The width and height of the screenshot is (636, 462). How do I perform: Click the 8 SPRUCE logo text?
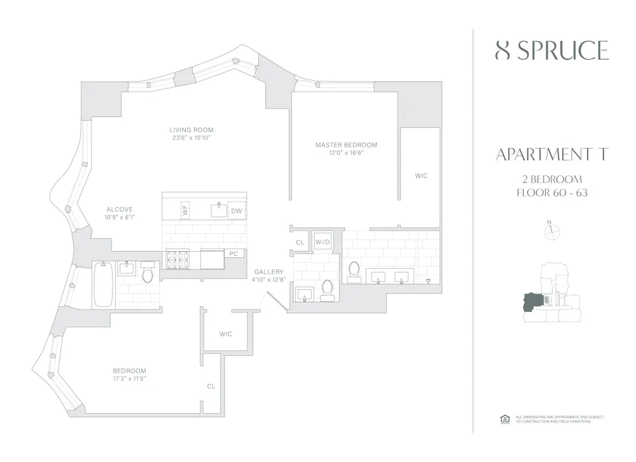click(551, 50)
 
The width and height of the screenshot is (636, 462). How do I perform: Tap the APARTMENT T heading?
click(551, 154)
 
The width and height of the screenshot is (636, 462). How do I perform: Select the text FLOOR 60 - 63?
click(551, 193)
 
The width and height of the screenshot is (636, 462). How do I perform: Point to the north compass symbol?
click(551, 232)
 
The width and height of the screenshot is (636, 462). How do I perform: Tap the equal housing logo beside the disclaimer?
click(505, 418)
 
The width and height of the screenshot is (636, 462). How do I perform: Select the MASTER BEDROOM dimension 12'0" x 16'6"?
click(346, 153)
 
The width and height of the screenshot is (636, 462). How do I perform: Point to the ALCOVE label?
click(120, 209)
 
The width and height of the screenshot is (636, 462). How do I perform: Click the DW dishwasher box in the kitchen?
click(237, 211)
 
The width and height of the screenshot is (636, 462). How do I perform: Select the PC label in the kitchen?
click(233, 254)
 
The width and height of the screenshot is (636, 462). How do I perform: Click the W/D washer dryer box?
click(322, 242)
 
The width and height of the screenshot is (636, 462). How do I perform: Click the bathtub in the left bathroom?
click(103, 283)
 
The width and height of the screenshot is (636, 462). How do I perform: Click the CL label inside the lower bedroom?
click(211, 386)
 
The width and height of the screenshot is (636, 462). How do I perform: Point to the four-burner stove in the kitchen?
click(177, 258)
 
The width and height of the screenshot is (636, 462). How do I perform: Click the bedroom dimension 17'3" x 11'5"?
click(130, 379)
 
